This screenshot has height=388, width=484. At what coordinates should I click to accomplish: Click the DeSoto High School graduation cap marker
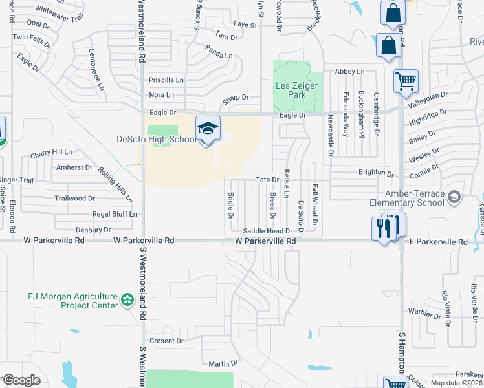click(208, 128)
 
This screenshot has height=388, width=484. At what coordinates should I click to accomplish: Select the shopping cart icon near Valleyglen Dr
click(406, 81)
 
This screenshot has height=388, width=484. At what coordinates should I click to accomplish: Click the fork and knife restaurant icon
click(383, 228)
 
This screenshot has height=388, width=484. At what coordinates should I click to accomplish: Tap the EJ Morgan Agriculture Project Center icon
click(127, 300)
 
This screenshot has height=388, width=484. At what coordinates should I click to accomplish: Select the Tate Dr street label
click(267, 180)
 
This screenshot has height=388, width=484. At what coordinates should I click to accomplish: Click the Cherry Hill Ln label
click(51, 152)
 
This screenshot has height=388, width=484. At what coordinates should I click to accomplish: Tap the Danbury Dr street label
click(94, 230)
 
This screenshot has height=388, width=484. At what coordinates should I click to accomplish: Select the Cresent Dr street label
click(166, 341)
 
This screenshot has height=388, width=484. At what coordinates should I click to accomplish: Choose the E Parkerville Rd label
click(439, 241)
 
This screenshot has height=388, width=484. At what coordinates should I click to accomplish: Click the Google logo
click(21, 380)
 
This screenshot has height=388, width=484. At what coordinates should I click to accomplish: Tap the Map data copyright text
click(456, 383)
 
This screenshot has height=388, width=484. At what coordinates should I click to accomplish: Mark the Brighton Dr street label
click(377, 174)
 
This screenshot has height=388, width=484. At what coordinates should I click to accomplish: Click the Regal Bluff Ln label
click(115, 213)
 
